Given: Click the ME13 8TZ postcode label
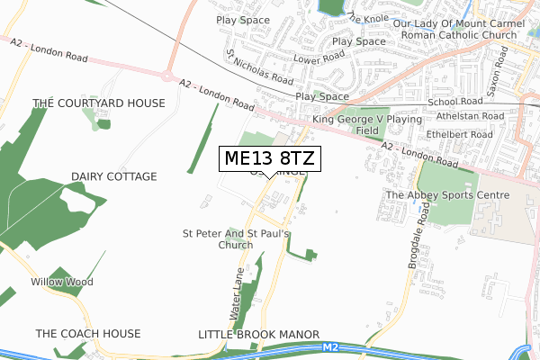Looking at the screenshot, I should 269,159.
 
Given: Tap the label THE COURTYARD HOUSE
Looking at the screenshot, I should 99,103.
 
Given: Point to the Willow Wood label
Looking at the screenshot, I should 61,282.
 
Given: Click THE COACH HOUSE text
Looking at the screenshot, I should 88,334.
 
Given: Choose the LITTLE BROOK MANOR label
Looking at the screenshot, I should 258,334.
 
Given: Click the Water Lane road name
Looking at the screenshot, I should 236,299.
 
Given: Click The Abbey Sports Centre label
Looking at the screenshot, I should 447,194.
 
